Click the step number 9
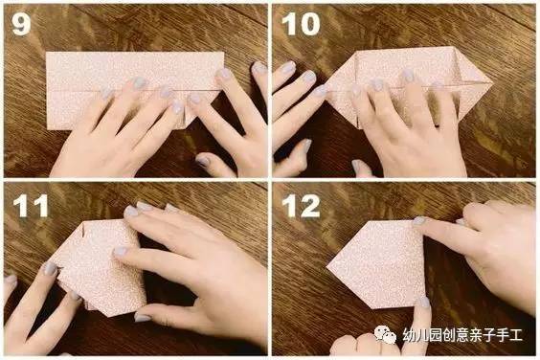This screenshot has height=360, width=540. click(x=21, y=24)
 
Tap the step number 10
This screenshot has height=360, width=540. click(x=301, y=24)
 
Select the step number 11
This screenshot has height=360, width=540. click(x=31, y=206)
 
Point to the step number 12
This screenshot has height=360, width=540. click(x=301, y=206)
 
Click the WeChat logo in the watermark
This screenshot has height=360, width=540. click(x=385, y=334)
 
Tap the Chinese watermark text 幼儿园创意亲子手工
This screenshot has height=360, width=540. click(x=462, y=335)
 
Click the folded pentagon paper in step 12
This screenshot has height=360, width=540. click(x=376, y=264)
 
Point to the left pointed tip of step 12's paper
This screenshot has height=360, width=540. click(x=326, y=266)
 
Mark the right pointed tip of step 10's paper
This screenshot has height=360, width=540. click(x=492, y=82)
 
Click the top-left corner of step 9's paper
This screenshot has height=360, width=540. click(x=47, y=53)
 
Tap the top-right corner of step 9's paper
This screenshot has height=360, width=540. click(x=224, y=53)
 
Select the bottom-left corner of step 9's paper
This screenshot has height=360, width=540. click(x=47, y=129)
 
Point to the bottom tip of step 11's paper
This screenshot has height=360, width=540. click(x=110, y=316)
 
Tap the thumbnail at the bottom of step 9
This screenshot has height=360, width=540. click(x=203, y=161)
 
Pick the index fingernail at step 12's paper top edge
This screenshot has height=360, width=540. click(x=419, y=220)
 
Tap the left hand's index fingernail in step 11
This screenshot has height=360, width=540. click(x=50, y=269)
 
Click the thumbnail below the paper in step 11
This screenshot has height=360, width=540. click(x=143, y=317)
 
